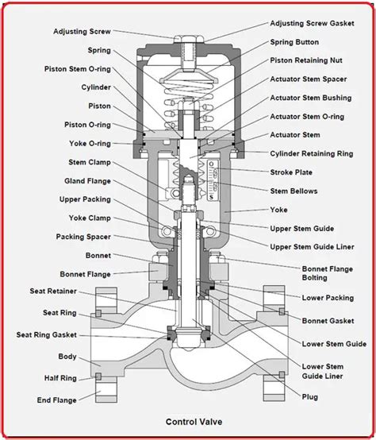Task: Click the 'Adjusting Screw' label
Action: [x=82, y=33]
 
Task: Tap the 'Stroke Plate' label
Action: [x=291, y=172]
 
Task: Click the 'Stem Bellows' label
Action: [x=295, y=191]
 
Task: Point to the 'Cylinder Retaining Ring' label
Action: [x=310, y=153]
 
